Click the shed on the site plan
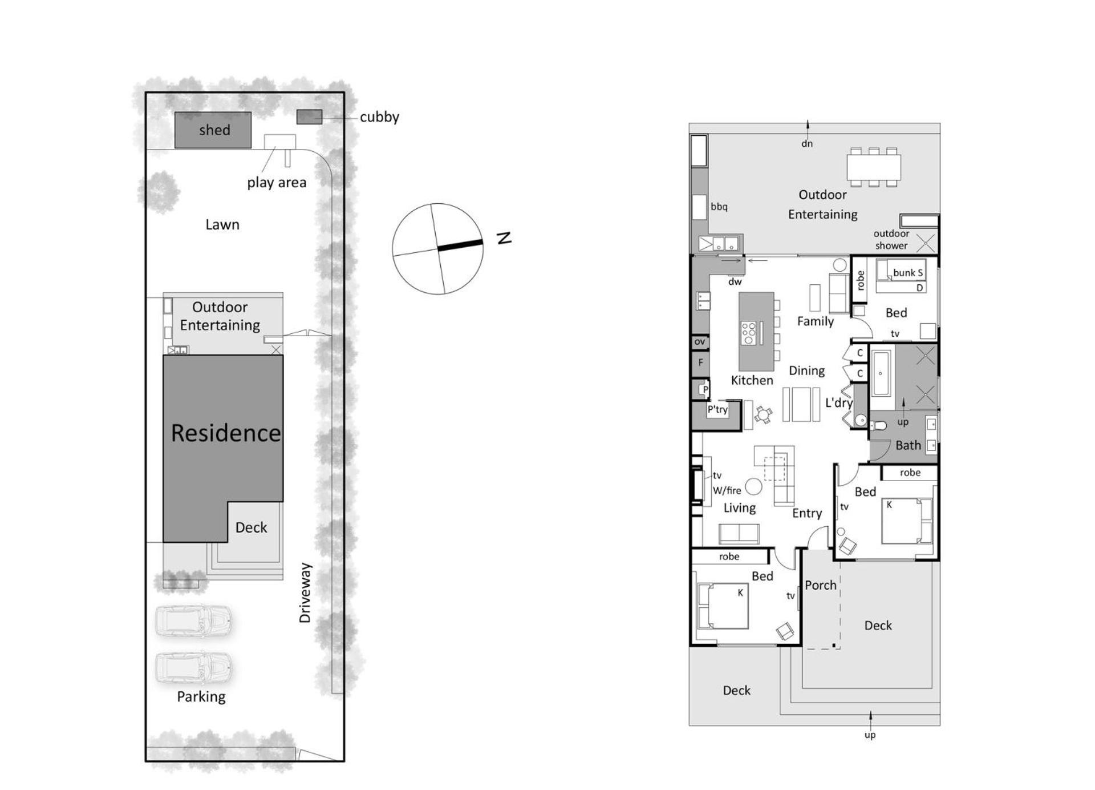[x=213, y=130]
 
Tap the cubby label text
[x=379, y=117]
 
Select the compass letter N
[x=504, y=237]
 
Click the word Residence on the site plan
[x=226, y=433]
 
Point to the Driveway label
[x=306, y=592]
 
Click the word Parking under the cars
[x=201, y=696]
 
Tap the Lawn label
[x=222, y=224]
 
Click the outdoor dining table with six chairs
[x=874, y=167]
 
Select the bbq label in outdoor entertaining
[x=719, y=207]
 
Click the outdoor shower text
[x=891, y=239]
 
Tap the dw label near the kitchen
[x=735, y=281]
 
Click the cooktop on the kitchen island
[x=748, y=333]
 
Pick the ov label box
[x=700, y=342]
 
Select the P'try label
[x=717, y=409]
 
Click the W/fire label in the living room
[x=727, y=490]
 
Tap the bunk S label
[x=908, y=273]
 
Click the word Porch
[x=821, y=585]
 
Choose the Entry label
[x=807, y=514]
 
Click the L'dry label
[x=839, y=402]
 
